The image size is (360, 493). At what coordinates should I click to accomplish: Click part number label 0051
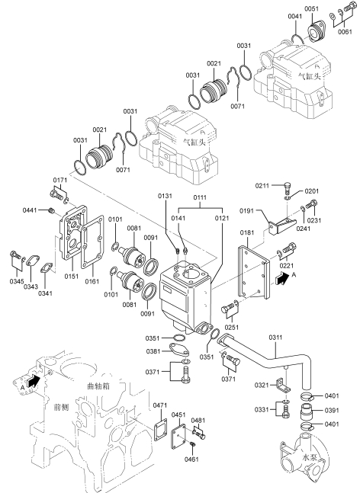tap(311, 9)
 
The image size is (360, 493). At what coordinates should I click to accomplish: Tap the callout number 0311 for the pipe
tap(275, 338)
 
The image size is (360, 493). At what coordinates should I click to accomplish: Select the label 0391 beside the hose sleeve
tap(332, 410)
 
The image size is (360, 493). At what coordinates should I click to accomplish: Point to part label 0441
tap(30, 210)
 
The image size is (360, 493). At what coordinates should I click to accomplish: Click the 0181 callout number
tap(247, 232)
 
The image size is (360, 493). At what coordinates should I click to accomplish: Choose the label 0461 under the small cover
tap(191, 459)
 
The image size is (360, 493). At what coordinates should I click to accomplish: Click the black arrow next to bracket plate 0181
tap(281, 278)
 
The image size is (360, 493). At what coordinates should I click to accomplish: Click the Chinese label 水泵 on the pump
tap(309, 457)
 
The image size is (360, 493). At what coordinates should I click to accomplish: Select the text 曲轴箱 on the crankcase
tap(98, 386)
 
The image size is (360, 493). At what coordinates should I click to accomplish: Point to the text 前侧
tap(61, 408)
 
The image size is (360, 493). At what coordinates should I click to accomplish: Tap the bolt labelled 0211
tap(288, 187)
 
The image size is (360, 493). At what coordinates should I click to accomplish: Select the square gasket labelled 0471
tap(160, 428)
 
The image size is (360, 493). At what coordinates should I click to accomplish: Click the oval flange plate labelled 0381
tap(178, 349)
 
